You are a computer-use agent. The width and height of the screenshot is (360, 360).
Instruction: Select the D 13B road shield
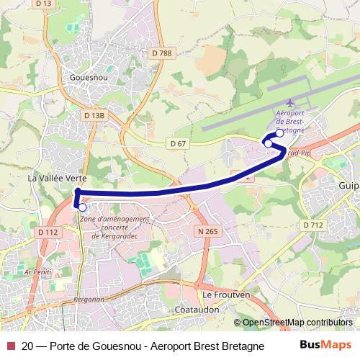pos(94,115)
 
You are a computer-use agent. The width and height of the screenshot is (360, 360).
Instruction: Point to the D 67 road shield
pos(178,144)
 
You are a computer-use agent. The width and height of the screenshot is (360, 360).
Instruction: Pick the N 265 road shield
pos(207,231)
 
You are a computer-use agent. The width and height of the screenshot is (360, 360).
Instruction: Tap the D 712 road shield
pos(313,225)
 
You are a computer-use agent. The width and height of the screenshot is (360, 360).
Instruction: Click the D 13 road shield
pos(44,4)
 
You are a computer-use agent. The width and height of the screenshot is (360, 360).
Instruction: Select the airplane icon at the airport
pos(290,104)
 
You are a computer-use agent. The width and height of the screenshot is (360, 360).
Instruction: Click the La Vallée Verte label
pos(57,177)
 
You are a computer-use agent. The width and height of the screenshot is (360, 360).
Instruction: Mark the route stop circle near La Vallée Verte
pos(82,207)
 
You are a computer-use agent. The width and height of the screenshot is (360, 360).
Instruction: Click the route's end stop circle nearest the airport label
pos(279,132)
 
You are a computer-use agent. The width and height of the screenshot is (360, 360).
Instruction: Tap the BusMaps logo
pos(325,345)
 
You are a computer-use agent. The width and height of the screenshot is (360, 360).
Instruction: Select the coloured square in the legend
pos(9,346)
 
